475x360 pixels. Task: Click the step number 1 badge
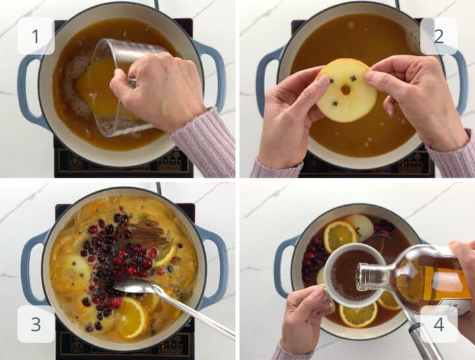pos(36,36)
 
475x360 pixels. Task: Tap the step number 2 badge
pos(439,36)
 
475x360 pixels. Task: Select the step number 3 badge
pos(36,324)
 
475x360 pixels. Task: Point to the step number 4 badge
pos(439,324)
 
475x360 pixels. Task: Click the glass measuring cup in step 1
pos(121,88)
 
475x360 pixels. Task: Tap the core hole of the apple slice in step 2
pos(345,90)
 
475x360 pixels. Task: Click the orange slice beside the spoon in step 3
pos(133,316)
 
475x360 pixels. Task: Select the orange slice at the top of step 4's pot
pos(340,236)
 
